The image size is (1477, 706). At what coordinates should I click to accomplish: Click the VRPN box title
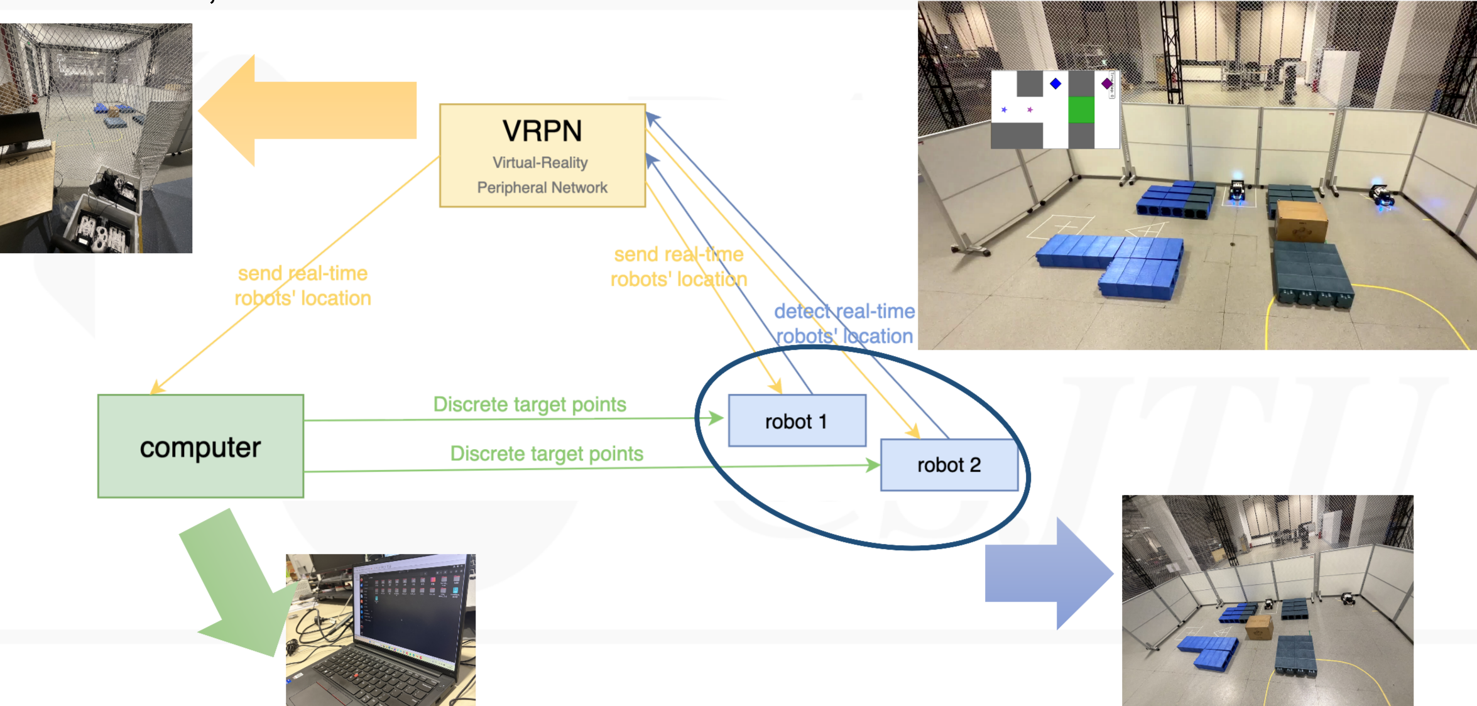pos(542,131)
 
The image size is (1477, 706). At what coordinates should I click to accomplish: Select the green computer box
pos(200,447)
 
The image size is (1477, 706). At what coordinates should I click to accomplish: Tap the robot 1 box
pos(797,421)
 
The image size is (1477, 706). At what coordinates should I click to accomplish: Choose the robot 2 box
pos(949,465)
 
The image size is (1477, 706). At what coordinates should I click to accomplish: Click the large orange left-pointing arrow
pos(308,111)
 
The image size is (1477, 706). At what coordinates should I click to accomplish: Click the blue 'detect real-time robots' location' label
pos(844,323)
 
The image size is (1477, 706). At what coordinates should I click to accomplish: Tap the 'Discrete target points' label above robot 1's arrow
pos(530,405)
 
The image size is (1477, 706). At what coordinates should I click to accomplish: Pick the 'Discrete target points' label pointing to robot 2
pos(547,453)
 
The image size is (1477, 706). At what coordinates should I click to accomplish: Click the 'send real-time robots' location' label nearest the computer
pos(303,286)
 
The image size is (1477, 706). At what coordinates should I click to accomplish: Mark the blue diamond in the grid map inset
pos(1055,84)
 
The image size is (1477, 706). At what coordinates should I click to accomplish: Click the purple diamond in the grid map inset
pos(1107,84)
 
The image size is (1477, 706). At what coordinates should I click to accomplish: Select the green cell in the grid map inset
pos(1081,110)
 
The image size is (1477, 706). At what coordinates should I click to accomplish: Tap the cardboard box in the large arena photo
pos(1301,221)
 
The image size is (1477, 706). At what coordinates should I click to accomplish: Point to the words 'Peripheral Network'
pos(542,188)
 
